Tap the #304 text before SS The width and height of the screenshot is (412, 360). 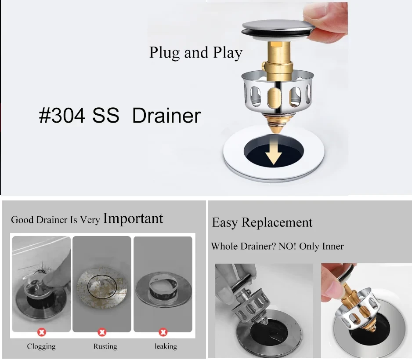pyautogui.click(x=62, y=116)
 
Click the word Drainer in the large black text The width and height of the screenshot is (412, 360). pyautogui.click(x=166, y=116)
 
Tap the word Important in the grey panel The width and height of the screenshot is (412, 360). pyautogui.click(x=133, y=218)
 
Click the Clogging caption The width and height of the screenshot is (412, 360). pyautogui.click(x=41, y=346)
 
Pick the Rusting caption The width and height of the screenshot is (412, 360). pyautogui.click(x=105, y=346)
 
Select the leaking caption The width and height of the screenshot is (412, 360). pyautogui.click(x=166, y=346)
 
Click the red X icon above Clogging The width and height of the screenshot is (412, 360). pyautogui.click(x=42, y=332)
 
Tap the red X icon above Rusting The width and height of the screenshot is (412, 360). pyautogui.click(x=102, y=332)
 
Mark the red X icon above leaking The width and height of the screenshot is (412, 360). pyautogui.click(x=163, y=332)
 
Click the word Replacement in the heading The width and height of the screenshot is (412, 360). pyautogui.click(x=277, y=223)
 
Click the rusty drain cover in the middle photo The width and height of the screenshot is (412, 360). pyautogui.click(x=102, y=286)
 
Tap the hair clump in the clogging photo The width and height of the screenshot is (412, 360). pyautogui.click(x=41, y=269)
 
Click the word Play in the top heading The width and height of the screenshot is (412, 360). pyautogui.click(x=228, y=53)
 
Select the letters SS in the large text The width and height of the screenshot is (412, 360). pyautogui.click(x=105, y=116)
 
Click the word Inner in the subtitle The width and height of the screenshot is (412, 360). pyautogui.click(x=332, y=246)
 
